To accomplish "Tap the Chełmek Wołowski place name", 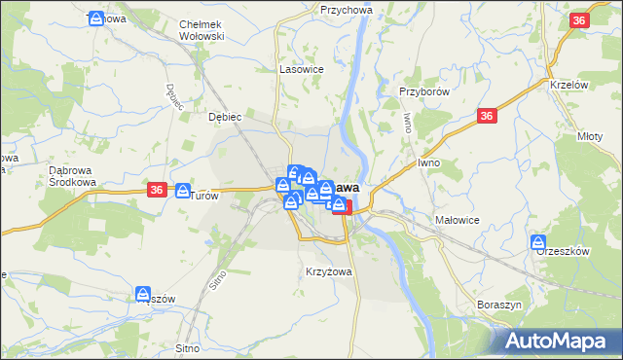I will click(x=202, y=30).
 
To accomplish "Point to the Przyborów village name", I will click(x=422, y=91).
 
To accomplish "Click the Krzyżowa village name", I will click(x=328, y=271).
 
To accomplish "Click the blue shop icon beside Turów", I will click(x=183, y=191).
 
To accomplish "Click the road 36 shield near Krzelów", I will click(x=579, y=21).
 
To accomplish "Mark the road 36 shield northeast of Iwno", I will click(x=488, y=117).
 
